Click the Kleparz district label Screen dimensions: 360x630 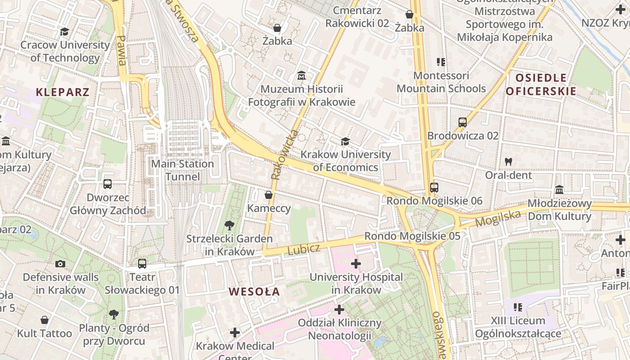(x=63, y=92)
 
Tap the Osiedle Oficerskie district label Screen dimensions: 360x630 (x=540, y=85)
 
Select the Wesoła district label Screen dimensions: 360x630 (x=254, y=292)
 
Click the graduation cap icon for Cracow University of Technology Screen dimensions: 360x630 (x=65, y=31)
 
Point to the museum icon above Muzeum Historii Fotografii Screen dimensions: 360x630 (x=301, y=75)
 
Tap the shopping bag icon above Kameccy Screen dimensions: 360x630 (x=269, y=195)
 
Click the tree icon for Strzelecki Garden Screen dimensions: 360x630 (x=229, y=225)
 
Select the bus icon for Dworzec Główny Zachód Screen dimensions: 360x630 (x=107, y=184)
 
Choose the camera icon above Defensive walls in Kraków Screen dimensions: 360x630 (x=60, y=264)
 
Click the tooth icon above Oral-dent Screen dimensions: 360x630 (x=508, y=161)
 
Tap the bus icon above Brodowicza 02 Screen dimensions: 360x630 (x=462, y=122)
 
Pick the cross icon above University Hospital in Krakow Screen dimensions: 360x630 (x=356, y=263)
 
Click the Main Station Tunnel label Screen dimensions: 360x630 (x=182, y=170)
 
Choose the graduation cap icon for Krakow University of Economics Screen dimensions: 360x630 (x=345, y=141)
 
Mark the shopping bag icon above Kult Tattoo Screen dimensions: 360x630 (x=45, y=320)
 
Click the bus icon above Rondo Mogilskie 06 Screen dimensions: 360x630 (x=434, y=187)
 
